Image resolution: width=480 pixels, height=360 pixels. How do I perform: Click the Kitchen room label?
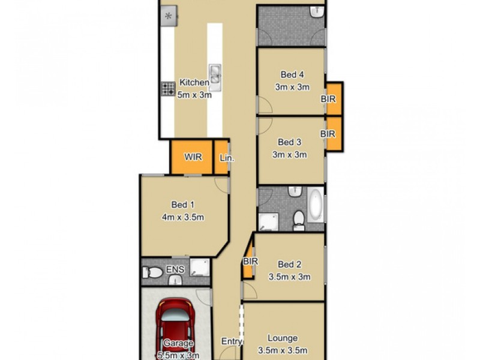tap(194, 82)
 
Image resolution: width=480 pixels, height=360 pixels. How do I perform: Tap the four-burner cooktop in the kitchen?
tap(167, 89)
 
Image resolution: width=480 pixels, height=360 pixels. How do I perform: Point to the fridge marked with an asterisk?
tap(168, 16)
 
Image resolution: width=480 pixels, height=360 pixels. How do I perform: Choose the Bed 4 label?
tap(292, 74)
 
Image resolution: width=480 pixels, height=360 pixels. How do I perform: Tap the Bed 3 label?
tap(290, 142)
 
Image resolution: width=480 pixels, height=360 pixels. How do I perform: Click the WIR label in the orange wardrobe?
tap(193, 157)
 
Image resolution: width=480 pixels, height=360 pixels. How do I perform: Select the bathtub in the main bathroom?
tap(315, 205)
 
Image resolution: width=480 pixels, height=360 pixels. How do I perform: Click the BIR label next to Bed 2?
tap(250, 262)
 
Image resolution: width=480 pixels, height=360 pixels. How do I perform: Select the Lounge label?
tap(283, 338)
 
